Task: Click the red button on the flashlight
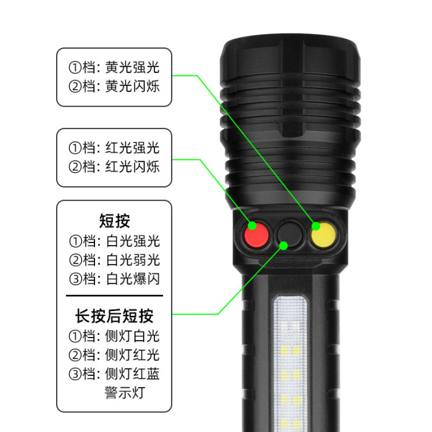coord(256,235)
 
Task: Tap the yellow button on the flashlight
coord(323,235)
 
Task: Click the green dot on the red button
coord(252,226)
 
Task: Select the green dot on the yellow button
coord(316,226)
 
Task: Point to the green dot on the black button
coord(283,246)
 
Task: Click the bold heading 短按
coord(114,221)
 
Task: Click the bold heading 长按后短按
coord(114,316)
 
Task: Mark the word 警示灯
coord(125,393)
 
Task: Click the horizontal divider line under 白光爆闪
coord(114,296)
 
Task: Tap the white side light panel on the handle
coord(290,363)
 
